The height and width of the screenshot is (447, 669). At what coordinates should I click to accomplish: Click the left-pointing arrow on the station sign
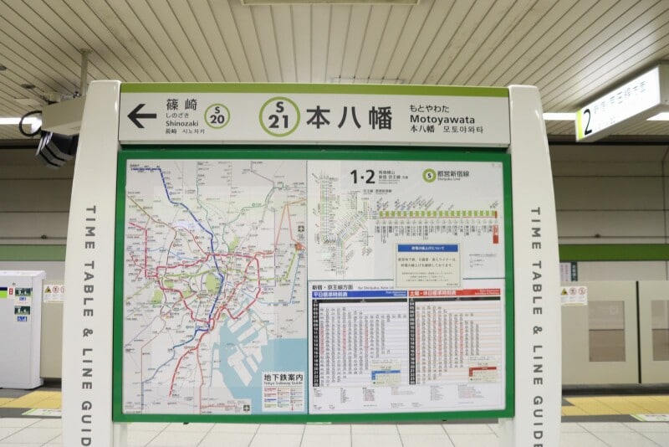[141, 116]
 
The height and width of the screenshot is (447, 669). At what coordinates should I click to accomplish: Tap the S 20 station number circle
[217, 116]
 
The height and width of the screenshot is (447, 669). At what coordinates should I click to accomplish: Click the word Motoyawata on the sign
[442, 119]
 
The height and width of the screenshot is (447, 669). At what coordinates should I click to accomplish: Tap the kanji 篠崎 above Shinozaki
[181, 105]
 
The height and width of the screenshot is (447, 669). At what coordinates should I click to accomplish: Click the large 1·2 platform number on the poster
[363, 177]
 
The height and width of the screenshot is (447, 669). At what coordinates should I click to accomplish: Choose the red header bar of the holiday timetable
[457, 294]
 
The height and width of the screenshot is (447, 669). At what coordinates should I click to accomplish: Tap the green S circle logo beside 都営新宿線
[429, 175]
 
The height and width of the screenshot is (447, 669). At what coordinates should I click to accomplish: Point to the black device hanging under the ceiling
[55, 148]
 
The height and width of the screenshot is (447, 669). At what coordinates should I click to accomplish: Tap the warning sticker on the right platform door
[574, 295]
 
